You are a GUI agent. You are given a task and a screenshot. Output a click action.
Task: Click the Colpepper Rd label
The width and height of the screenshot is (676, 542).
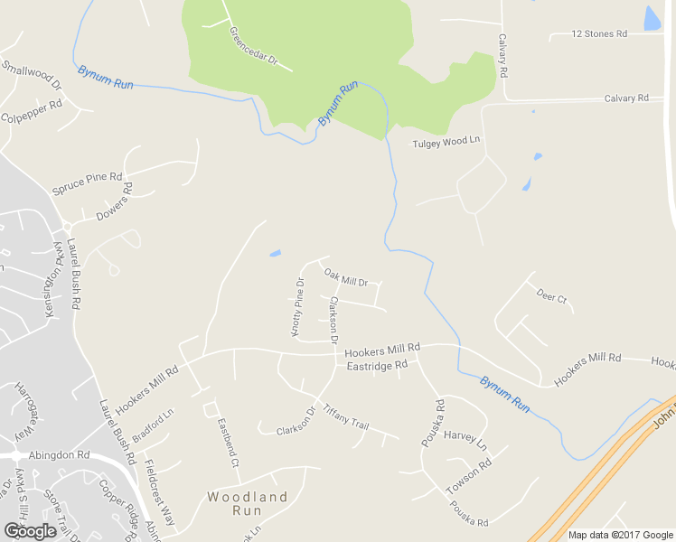click(x=31, y=110)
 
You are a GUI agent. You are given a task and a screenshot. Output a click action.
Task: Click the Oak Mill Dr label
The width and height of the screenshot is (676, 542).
click(x=346, y=277)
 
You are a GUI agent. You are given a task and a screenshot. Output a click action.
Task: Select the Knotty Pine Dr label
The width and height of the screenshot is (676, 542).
click(x=297, y=307)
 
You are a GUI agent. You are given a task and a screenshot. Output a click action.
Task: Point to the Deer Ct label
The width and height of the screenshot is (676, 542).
click(x=551, y=295)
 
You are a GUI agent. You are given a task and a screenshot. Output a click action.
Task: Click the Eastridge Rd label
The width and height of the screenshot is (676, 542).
click(x=378, y=366)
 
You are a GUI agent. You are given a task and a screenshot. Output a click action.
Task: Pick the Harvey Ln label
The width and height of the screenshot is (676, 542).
click(x=465, y=441)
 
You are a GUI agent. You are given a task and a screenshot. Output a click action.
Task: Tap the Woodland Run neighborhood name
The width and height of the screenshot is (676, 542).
click(x=248, y=504)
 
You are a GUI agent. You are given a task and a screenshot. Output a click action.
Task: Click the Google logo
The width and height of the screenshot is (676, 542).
click(x=30, y=530)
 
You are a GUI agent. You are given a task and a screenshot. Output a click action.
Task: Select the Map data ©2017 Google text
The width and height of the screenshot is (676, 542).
click(x=620, y=535)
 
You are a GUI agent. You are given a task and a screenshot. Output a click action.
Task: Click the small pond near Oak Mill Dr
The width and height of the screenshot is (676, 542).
click(x=275, y=254)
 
